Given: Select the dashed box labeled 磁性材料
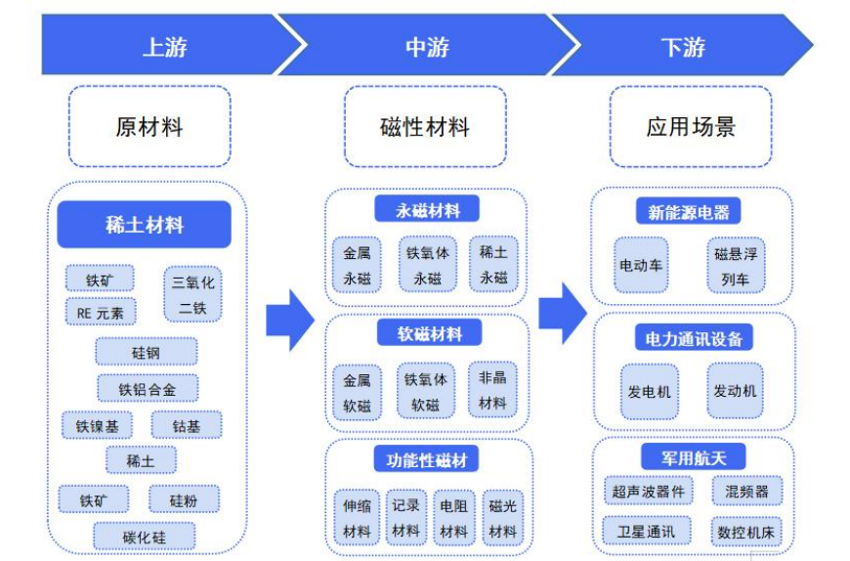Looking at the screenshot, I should coord(424,126).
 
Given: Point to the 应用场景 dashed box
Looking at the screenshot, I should coord(690,126).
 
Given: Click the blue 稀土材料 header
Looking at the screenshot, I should coord(144,225).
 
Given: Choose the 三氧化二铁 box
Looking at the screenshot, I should coord(193,295).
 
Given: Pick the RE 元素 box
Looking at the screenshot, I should coord(101,313).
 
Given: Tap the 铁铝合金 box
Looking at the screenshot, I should coord(148,388).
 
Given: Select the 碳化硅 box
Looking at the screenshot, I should coord(145,536).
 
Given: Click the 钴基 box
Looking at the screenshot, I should coord(186,425).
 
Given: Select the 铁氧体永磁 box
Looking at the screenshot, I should coord(427,264).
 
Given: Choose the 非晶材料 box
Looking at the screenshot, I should coord(492,390).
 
